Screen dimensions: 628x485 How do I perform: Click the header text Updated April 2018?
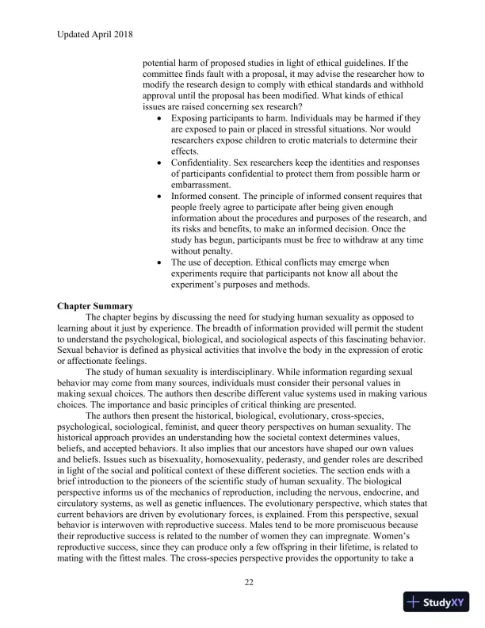pyautogui.click(x=95, y=34)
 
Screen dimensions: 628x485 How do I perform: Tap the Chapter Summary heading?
pyautogui.click(x=95, y=305)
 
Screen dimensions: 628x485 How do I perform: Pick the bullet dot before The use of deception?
pyautogui.click(x=162, y=263)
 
